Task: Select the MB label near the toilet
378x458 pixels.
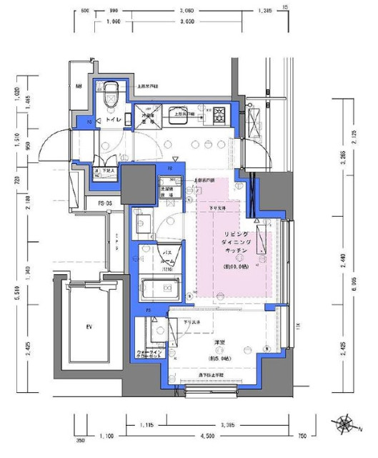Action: coord(79,87)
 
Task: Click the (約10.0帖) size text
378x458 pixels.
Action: coord(236,266)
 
